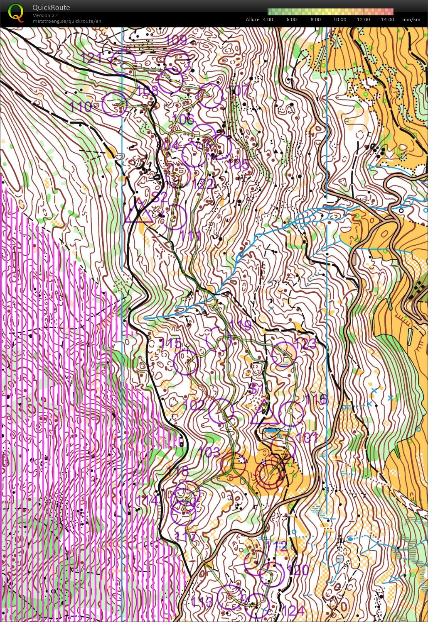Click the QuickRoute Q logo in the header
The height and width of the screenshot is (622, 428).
click(16, 13)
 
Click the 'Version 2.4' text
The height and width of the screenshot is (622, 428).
click(46, 15)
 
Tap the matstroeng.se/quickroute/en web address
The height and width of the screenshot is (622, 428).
click(67, 21)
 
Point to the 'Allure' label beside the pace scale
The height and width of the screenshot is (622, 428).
click(253, 20)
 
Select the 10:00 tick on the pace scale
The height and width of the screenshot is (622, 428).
click(339, 20)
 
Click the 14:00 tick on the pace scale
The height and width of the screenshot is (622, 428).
click(387, 20)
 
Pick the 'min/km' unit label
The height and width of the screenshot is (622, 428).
click(411, 20)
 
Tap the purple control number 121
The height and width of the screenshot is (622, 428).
click(91, 57)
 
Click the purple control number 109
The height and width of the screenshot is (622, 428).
click(176, 40)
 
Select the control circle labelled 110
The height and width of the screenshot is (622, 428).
click(114, 104)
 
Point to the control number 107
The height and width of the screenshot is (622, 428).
click(239, 90)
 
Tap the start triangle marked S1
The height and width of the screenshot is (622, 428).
click(264, 415)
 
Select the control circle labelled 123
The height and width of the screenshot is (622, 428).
click(284, 354)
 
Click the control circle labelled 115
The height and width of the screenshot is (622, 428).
click(186, 362)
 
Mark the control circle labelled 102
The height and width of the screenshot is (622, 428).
click(221, 411)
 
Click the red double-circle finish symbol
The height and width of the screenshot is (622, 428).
click(270, 473)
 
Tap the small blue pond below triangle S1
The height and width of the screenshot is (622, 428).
click(272, 431)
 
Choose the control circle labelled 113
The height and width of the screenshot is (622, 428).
click(230, 597)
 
